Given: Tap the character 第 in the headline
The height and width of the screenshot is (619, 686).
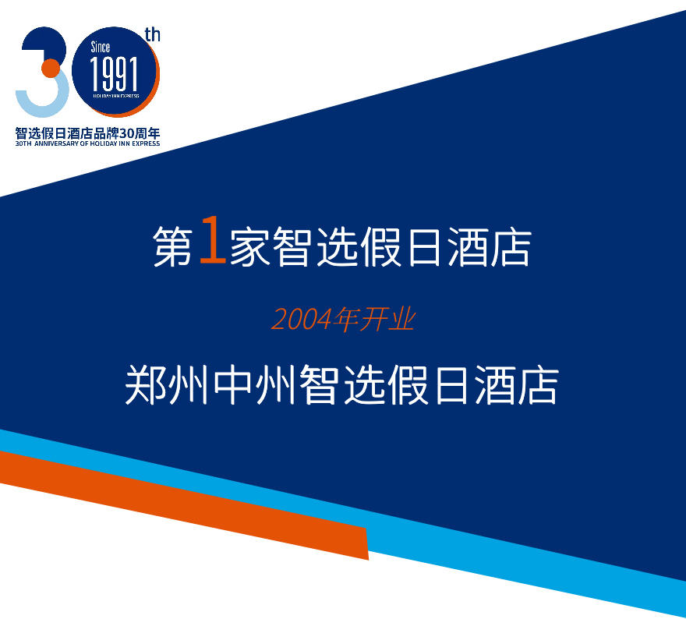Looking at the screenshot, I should coord(172,248).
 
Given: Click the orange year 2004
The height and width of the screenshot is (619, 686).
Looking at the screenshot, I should coord(299,320).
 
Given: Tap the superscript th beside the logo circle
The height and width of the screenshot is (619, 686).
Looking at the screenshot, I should coord(152,34).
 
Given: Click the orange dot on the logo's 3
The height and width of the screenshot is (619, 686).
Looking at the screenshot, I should coord(50,68).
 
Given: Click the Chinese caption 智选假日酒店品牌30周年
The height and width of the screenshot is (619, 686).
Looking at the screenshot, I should coord(87,133).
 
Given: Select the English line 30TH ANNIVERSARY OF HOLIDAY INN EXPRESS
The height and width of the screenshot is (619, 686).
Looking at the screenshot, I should coord(87,143).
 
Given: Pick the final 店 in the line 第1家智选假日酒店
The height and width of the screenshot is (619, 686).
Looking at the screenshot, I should coord(512,248).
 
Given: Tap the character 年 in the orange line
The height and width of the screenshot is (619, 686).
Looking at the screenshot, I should coord(343,320).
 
